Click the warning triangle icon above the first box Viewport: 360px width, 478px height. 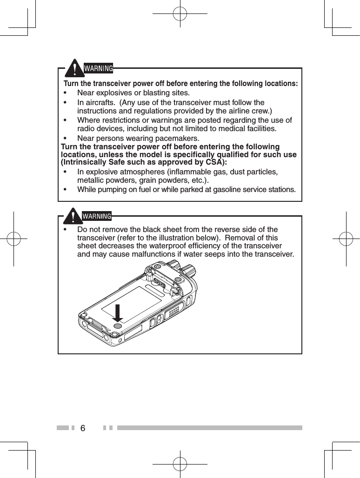(x=73, y=69)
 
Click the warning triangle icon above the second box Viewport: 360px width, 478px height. (x=73, y=216)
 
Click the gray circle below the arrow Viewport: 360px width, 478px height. (x=118, y=327)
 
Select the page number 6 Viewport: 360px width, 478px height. (x=83, y=428)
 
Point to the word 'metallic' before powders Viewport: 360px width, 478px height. (x=91, y=180)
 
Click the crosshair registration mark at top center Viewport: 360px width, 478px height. (x=180, y=14)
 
